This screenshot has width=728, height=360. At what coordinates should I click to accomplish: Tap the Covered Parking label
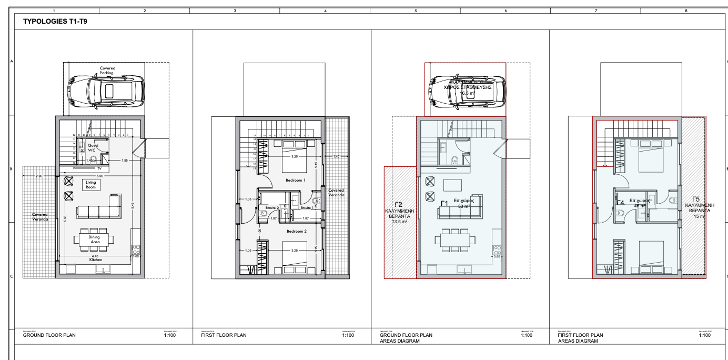(x=107, y=70)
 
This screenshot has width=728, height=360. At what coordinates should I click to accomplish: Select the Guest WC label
(x=93, y=147)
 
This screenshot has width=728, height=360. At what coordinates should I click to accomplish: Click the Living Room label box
(x=90, y=184)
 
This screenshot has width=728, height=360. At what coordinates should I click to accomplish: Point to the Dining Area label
(x=94, y=239)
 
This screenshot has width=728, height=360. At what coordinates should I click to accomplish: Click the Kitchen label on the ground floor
(x=95, y=260)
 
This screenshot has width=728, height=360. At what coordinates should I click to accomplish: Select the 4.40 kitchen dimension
(x=95, y=256)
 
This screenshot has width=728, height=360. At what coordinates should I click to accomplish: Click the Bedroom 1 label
(x=295, y=180)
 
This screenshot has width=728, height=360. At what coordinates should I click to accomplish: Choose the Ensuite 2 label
(x=271, y=208)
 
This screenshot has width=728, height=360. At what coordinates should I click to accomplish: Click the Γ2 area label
(x=398, y=204)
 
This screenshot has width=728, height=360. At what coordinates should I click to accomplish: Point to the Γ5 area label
(x=696, y=199)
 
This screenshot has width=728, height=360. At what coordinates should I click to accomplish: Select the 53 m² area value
(x=463, y=206)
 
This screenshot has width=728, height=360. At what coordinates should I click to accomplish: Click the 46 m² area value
(x=640, y=206)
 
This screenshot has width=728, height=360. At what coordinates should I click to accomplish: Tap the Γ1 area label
(x=444, y=203)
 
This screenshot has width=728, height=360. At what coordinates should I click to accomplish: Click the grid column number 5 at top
(x=415, y=10)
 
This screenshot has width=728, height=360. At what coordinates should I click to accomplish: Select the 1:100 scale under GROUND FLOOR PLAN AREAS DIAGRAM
(x=525, y=335)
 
